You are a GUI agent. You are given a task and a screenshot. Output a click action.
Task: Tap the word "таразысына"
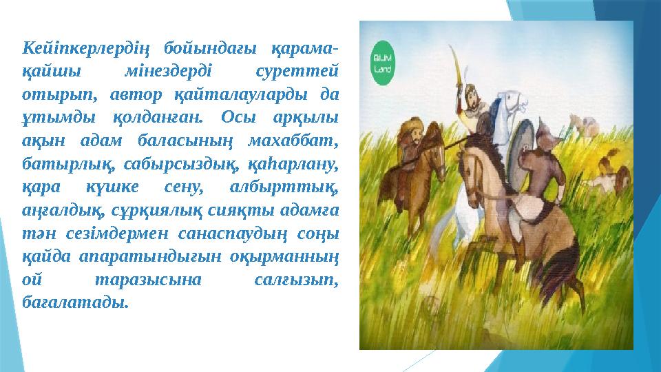[x=148, y=280]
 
